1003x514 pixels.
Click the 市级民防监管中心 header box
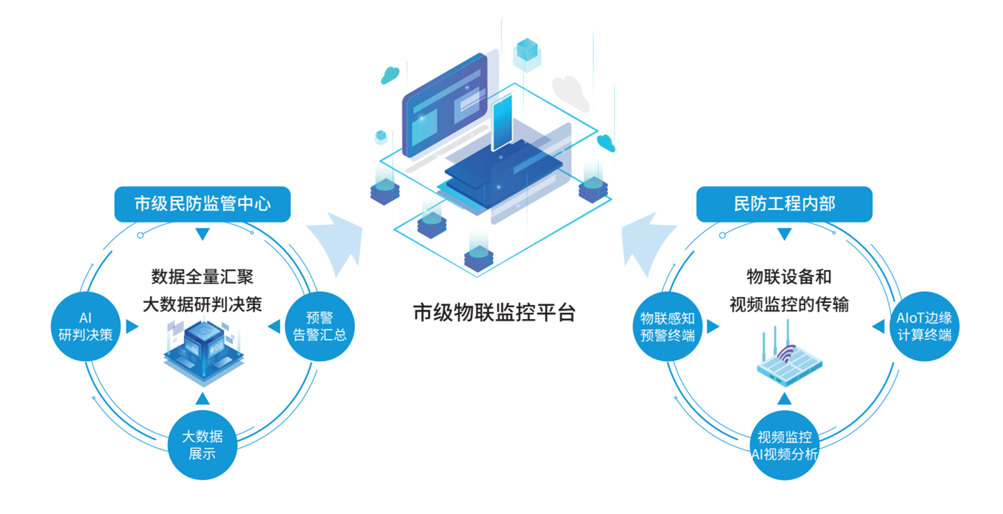(x=202, y=204)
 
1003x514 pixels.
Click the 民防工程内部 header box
(x=784, y=204)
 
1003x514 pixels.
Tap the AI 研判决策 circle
(x=86, y=326)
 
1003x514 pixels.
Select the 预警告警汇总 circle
(x=319, y=326)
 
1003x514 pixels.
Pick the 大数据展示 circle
(x=202, y=445)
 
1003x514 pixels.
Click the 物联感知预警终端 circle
(x=667, y=326)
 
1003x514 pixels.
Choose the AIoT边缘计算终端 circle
(x=924, y=326)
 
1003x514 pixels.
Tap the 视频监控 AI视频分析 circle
(x=784, y=445)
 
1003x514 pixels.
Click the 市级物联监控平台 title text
(x=494, y=312)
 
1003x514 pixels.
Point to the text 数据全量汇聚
(x=202, y=276)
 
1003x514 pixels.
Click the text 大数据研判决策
(x=202, y=304)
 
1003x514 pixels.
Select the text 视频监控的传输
(x=789, y=304)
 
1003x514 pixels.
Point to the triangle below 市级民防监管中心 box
(x=203, y=234)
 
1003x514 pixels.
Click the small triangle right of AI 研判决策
(x=132, y=326)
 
